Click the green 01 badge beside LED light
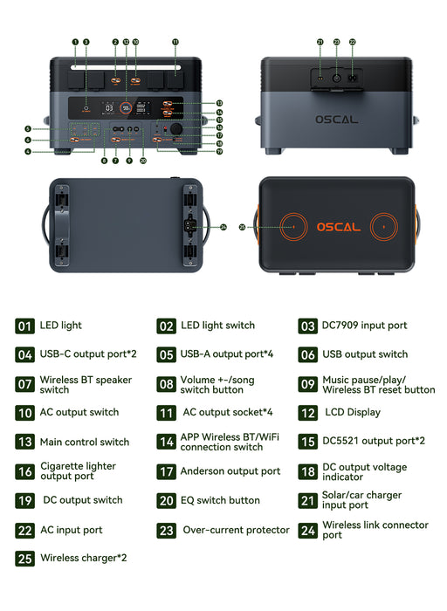(x=24, y=326)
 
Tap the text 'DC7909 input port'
(x=365, y=326)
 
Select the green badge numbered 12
(x=307, y=413)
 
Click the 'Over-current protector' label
(x=236, y=530)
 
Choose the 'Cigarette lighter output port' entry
(x=79, y=471)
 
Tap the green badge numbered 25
(x=24, y=558)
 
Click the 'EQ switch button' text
(x=220, y=500)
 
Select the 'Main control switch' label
(x=84, y=442)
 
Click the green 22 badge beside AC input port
(x=24, y=530)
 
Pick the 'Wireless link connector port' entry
(x=375, y=530)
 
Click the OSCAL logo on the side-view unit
(x=336, y=119)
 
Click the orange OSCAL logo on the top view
(x=337, y=227)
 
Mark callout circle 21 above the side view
(x=320, y=41)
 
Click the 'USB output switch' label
(x=365, y=354)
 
